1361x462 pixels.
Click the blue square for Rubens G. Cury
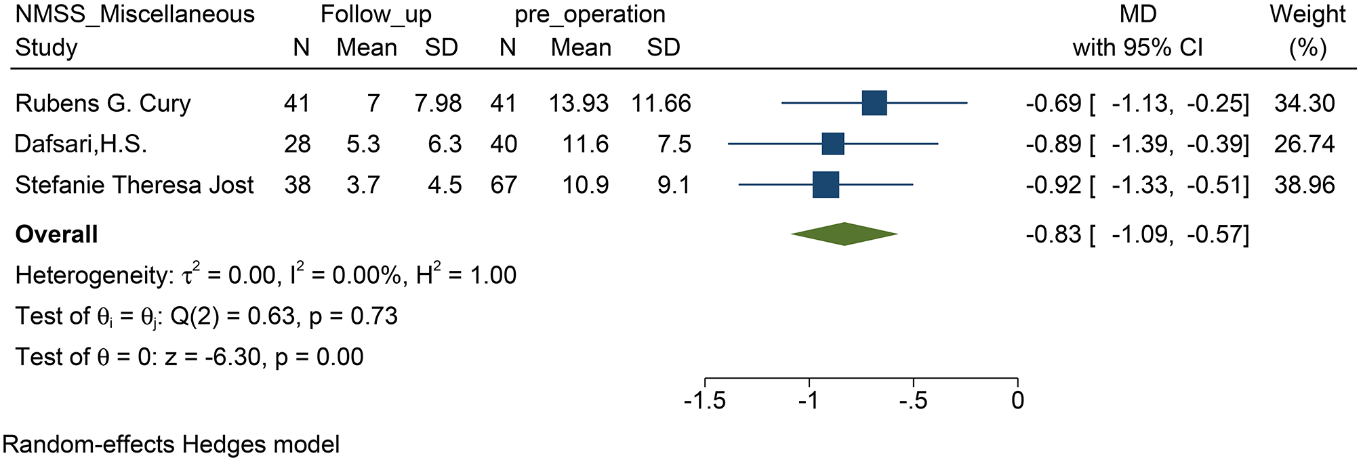click(874, 103)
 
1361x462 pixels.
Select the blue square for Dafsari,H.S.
click(832, 144)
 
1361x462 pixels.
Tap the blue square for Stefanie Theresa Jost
click(826, 184)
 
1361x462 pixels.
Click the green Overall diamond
click(844, 234)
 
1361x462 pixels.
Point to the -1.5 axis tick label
click(705, 400)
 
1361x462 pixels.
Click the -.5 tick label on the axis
click(912, 400)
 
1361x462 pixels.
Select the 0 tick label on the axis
click(1017, 400)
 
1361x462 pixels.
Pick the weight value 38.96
click(1305, 184)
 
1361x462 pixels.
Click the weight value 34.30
click(1305, 103)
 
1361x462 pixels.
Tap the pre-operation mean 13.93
click(580, 103)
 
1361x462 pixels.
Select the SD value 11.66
click(661, 103)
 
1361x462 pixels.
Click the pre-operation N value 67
click(504, 184)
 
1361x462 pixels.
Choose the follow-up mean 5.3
click(363, 144)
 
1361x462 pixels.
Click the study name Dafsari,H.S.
click(81, 144)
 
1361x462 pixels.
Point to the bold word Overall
click(57, 234)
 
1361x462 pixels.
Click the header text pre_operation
click(590, 14)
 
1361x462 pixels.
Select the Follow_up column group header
click(375, 14)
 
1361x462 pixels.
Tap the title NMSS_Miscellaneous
click(135, 14)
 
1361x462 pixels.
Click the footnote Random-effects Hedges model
click(171, 444)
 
